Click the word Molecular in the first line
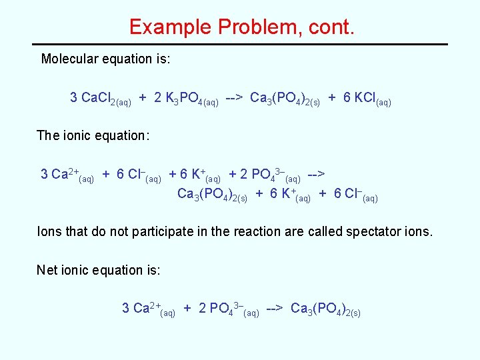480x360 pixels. point(69,59)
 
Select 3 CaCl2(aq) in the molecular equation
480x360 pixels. point(100,99)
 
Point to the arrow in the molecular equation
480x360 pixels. point(234,98)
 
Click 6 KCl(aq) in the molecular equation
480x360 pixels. point(367,99)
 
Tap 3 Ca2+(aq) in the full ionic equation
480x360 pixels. point(67,175)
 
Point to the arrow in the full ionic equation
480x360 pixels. point(316,174)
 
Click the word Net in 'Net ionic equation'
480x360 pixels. point(47,270)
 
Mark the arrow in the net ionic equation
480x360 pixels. point(275,308)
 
